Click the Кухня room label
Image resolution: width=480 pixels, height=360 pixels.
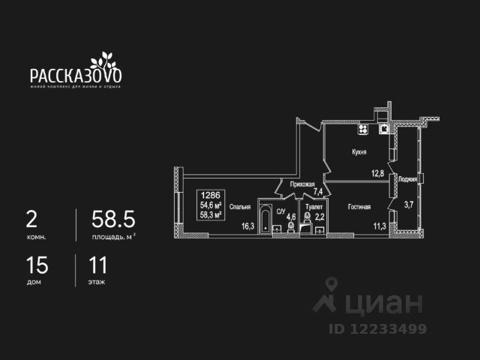click(x=358, y=151)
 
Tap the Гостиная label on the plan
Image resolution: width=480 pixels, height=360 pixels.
click(x=359, y=205)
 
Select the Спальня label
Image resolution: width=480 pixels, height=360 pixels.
click(x=240, y=208)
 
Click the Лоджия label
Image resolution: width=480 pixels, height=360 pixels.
click(x=408, y=179)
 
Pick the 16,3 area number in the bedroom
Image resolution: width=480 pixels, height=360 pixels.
click(x=248, y=223)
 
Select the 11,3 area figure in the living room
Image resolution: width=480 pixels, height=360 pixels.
click(x=379, y=223)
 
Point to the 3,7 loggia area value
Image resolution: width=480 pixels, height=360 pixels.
click(x=409, y=204)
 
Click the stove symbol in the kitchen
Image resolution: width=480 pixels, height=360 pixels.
click(x=362, y=129)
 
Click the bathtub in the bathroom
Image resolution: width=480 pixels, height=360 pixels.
click(x=267, y=218)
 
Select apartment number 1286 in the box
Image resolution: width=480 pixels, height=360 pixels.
click(x=210, y=193)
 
